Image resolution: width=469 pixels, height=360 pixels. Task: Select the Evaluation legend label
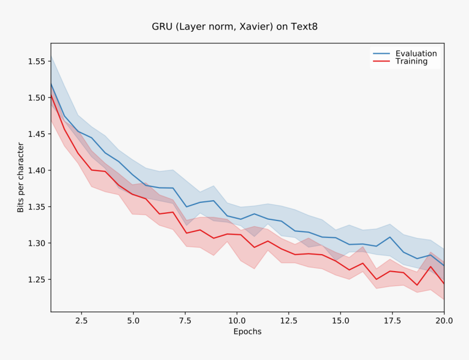click(416, 53)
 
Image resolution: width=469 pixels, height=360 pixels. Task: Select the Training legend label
click(411, 62)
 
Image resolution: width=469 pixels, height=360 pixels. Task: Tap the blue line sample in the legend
click(381, 53)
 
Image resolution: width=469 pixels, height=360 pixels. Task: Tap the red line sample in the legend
click(381, 62)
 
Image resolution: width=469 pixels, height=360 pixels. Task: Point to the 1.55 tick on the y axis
click(37, 61)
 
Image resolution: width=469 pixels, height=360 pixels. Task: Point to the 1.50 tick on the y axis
click(37, 98)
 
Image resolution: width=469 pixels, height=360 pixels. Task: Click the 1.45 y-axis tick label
click(37, 134)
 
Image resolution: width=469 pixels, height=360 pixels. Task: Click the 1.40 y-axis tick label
click(37, 170)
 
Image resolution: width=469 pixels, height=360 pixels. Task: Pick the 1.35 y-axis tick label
click(37, 207)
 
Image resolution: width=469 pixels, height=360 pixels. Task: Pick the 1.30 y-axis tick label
click(37, 243)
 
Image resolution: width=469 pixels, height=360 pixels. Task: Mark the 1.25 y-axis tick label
click(37, 280)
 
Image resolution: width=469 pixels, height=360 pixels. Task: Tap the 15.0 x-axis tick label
click(340, 321)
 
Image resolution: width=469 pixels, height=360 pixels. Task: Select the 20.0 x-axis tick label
click(444, 321)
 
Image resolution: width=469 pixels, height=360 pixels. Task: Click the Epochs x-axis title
click(248, 332)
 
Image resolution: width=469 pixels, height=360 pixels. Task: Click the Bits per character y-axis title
click(20, 177)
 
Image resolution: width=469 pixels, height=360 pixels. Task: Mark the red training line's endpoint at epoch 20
click(444, 284)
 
